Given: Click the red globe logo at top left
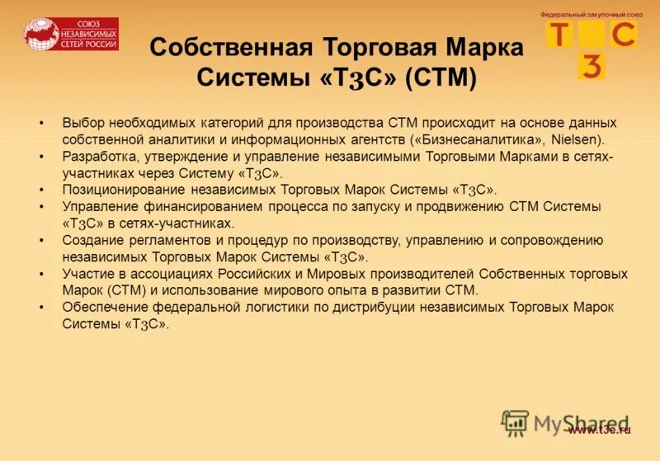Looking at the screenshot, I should coord(40,34).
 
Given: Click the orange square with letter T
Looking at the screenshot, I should coord(559,35).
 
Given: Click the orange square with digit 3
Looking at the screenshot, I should coord(592,66).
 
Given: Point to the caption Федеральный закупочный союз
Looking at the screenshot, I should coord(591,15).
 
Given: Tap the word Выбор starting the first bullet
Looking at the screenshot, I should coord(82,122).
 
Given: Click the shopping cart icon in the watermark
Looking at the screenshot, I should coord(515,422).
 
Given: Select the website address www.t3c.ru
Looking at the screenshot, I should coord(600,430).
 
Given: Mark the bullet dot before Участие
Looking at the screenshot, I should coord(41,274).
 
